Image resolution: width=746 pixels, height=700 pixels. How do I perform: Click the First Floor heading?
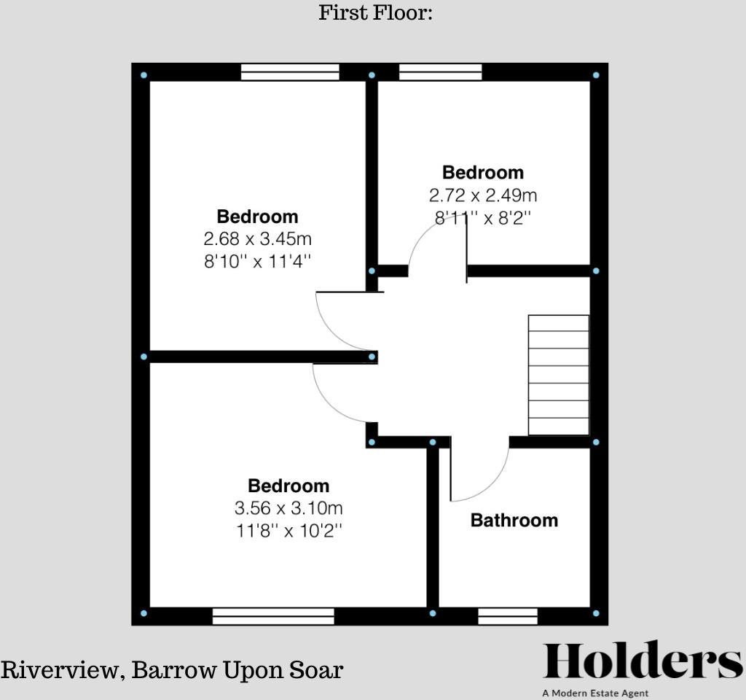pos(375,12)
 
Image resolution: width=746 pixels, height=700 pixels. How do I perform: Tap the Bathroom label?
pos(514,520)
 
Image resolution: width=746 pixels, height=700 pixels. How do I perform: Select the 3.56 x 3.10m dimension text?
pos(288,507)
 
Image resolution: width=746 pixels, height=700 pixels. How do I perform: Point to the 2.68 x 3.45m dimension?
pos(258,238)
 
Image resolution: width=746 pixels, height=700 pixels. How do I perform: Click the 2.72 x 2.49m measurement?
pos(483,195)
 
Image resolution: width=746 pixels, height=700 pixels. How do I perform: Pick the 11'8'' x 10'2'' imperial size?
pos(288,530)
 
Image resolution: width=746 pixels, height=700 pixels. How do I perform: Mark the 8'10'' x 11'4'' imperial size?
pos(258,261)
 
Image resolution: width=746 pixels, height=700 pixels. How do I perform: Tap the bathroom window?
pos(508,617)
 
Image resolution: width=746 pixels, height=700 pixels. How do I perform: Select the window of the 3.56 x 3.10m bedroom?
pos(273,617)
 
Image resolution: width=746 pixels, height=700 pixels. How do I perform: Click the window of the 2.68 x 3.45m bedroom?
pos(290,71)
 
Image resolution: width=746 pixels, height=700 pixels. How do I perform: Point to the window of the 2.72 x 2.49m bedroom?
pos(440,71)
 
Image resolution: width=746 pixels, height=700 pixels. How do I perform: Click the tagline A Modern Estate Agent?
pos(594,693)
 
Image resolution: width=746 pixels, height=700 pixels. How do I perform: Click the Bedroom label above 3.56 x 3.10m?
pos(288,486)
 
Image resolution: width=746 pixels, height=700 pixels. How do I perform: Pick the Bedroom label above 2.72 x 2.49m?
pos(483,173)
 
